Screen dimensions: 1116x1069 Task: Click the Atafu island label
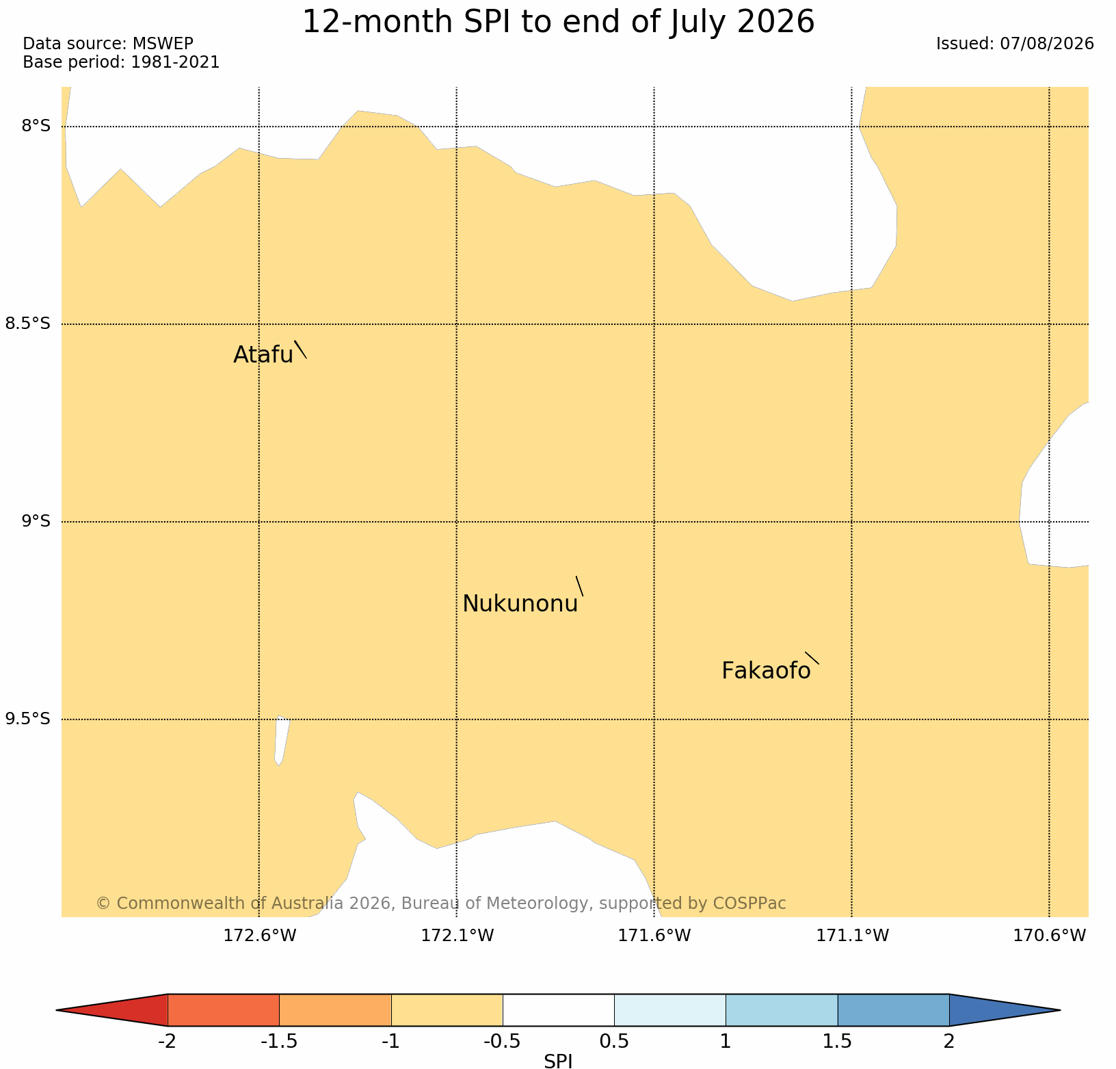263,354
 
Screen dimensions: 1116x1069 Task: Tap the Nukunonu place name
520,604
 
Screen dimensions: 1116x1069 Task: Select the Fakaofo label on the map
766,671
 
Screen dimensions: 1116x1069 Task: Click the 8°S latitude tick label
36,126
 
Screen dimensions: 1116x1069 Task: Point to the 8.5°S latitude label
28,324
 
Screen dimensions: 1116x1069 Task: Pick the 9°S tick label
36,521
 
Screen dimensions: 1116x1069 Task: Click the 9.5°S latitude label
28,719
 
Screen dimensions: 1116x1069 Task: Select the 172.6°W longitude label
260,936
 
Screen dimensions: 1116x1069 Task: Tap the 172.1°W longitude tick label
457,936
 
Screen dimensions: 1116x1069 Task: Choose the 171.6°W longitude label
654,936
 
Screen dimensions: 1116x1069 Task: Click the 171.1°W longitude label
852,936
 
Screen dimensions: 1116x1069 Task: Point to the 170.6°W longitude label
1050,936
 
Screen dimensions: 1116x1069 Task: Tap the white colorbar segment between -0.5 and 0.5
559,1010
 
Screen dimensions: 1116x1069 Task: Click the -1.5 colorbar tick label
279,1042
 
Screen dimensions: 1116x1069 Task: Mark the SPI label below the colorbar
558,1061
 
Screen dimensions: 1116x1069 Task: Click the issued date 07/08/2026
1047,44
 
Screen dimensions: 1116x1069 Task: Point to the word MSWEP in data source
163,44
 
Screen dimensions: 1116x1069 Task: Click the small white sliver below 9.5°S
282,741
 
